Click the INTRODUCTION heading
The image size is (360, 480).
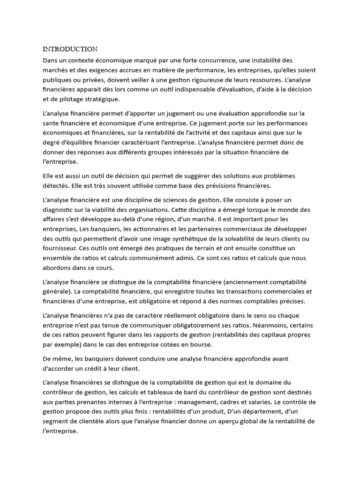pos(70,49)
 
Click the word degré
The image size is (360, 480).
pos(52,142)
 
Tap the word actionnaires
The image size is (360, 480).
pos(180,228)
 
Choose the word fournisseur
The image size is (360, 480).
pos(61,247)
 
